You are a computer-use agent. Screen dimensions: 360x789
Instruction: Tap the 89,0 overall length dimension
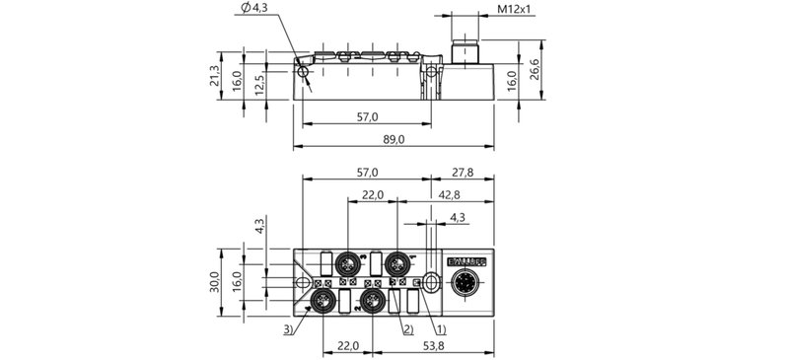click(x=394, y=141)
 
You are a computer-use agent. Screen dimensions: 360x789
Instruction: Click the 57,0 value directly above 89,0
click(x=366, y=117)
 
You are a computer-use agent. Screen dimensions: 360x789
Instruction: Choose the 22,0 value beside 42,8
click(x=372, y=196)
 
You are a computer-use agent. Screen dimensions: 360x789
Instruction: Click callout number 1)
click(x=441, y=327)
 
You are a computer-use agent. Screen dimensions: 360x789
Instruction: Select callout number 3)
click(x=287, y=327)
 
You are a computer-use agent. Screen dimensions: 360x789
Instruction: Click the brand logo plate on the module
click(x=466, y=261)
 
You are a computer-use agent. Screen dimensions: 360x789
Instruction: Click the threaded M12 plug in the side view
click(x=465, y=55)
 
